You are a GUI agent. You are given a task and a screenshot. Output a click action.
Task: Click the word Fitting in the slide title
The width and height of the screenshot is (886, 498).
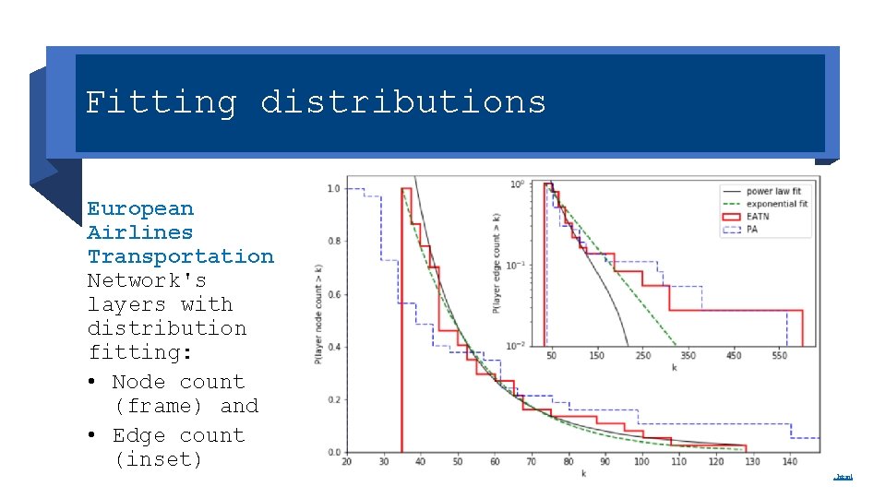(x=161, y=102)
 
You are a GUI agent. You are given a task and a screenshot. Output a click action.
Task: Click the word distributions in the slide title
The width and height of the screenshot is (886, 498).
(x=403, y=102)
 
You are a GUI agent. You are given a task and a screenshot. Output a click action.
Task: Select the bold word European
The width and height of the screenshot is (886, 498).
(x=140, y=209)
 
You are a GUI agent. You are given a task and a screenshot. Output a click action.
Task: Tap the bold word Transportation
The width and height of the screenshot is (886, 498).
(x=180, y=257)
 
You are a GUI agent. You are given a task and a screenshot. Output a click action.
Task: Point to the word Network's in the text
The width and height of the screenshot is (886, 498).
(x=147, y=280)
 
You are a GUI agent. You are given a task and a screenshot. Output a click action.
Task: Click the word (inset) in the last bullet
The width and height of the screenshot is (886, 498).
(x=158, y=459)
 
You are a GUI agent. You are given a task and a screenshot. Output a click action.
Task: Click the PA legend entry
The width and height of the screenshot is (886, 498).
(x=752, y=230)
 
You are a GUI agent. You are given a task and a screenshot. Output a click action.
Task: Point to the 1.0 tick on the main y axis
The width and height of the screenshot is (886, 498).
(x=332, y=189)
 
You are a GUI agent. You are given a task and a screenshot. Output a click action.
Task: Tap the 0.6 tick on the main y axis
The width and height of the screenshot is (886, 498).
(x=332, y=295)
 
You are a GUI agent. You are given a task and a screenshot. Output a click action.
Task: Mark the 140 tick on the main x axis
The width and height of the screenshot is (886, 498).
(x=789, y=462)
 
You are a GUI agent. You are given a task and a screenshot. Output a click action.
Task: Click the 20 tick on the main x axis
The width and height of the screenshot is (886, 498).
(x=346, y=462)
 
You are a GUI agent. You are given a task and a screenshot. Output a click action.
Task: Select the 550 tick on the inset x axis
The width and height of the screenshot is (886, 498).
(x=780, y=356)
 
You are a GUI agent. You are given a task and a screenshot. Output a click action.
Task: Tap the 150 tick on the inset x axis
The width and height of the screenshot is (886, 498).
(x=597, y=356)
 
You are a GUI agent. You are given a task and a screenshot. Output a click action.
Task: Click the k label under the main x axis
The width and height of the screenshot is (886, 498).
(x=583, y=473)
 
